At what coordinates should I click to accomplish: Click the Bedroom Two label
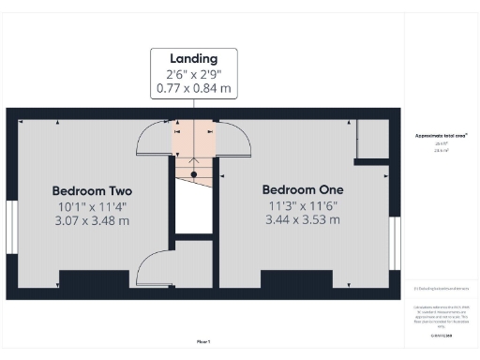pos(91,189)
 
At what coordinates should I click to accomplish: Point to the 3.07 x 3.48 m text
pos(91,220)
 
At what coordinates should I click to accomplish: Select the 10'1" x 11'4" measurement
pos(91,205)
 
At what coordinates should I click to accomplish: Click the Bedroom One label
pos(301,189)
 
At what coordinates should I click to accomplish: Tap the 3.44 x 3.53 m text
pos(301,220)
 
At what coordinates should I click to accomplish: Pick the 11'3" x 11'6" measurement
pos(301,205)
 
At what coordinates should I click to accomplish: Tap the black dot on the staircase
pos(194,174)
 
